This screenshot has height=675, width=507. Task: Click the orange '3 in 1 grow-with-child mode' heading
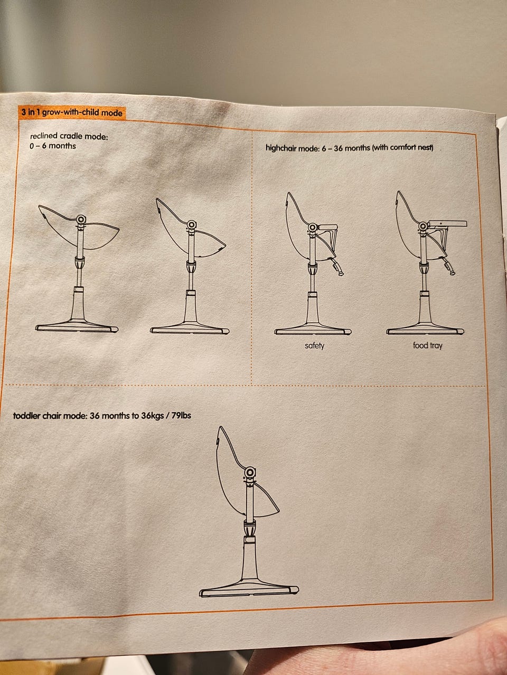[72, 112]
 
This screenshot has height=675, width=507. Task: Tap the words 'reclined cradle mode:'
[69, 136]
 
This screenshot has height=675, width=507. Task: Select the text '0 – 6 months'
[53, 146]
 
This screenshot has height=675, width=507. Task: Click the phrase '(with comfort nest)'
[402, 148]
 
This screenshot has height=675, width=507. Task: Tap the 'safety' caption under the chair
[315, 345]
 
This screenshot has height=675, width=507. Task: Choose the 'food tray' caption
[428, 345]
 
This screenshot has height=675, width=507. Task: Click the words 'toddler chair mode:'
[50, 416]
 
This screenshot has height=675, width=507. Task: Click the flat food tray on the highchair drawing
[448, 224]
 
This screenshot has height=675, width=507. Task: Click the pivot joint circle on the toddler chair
[250, 472]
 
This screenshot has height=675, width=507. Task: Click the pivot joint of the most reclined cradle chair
[81, 219]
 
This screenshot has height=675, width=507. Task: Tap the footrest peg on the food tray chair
[449, 266]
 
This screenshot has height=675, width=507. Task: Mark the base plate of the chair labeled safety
[313, 330]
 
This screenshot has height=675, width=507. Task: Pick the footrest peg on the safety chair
[337, 267]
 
